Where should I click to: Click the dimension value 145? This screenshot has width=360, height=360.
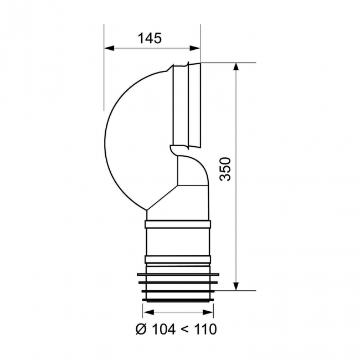(150, 38)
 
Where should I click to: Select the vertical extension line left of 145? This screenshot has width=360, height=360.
(103, 66)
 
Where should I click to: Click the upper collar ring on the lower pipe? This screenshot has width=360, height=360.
(178, 224)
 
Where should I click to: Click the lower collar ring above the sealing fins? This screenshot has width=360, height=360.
(178, 259)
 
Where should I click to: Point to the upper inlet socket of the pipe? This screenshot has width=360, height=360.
(185, 105)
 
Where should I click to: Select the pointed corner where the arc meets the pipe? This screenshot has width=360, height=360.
(146, 210)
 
